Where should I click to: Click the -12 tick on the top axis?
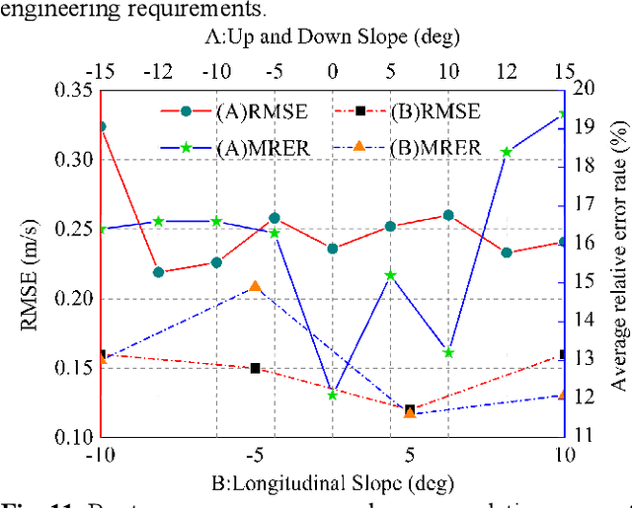click(x=159, y=72)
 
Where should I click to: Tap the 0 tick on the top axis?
click(x=332, y=72)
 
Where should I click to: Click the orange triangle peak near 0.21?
click(x=256, y=286)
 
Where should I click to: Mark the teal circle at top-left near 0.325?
click(x=101, y=126)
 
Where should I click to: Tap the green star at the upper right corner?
click(x=562, y=115)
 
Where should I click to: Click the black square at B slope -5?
click(x=256, y=368)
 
